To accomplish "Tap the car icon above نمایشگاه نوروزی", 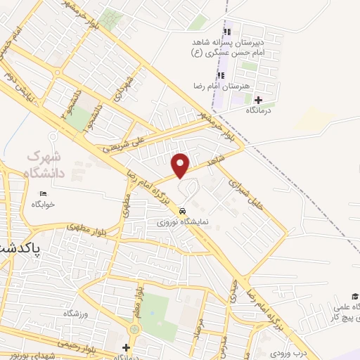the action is click(182, 210).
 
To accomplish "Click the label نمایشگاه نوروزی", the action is click(182, 221).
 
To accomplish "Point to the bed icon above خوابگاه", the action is click(44, 193).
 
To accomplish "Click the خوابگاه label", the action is click(43, 204).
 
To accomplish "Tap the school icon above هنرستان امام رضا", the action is click(220, 75).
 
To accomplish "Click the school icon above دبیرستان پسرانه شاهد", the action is click(226, 32).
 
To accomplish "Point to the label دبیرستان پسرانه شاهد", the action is click(226, 42).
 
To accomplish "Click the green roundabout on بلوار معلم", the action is click(134, 329).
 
